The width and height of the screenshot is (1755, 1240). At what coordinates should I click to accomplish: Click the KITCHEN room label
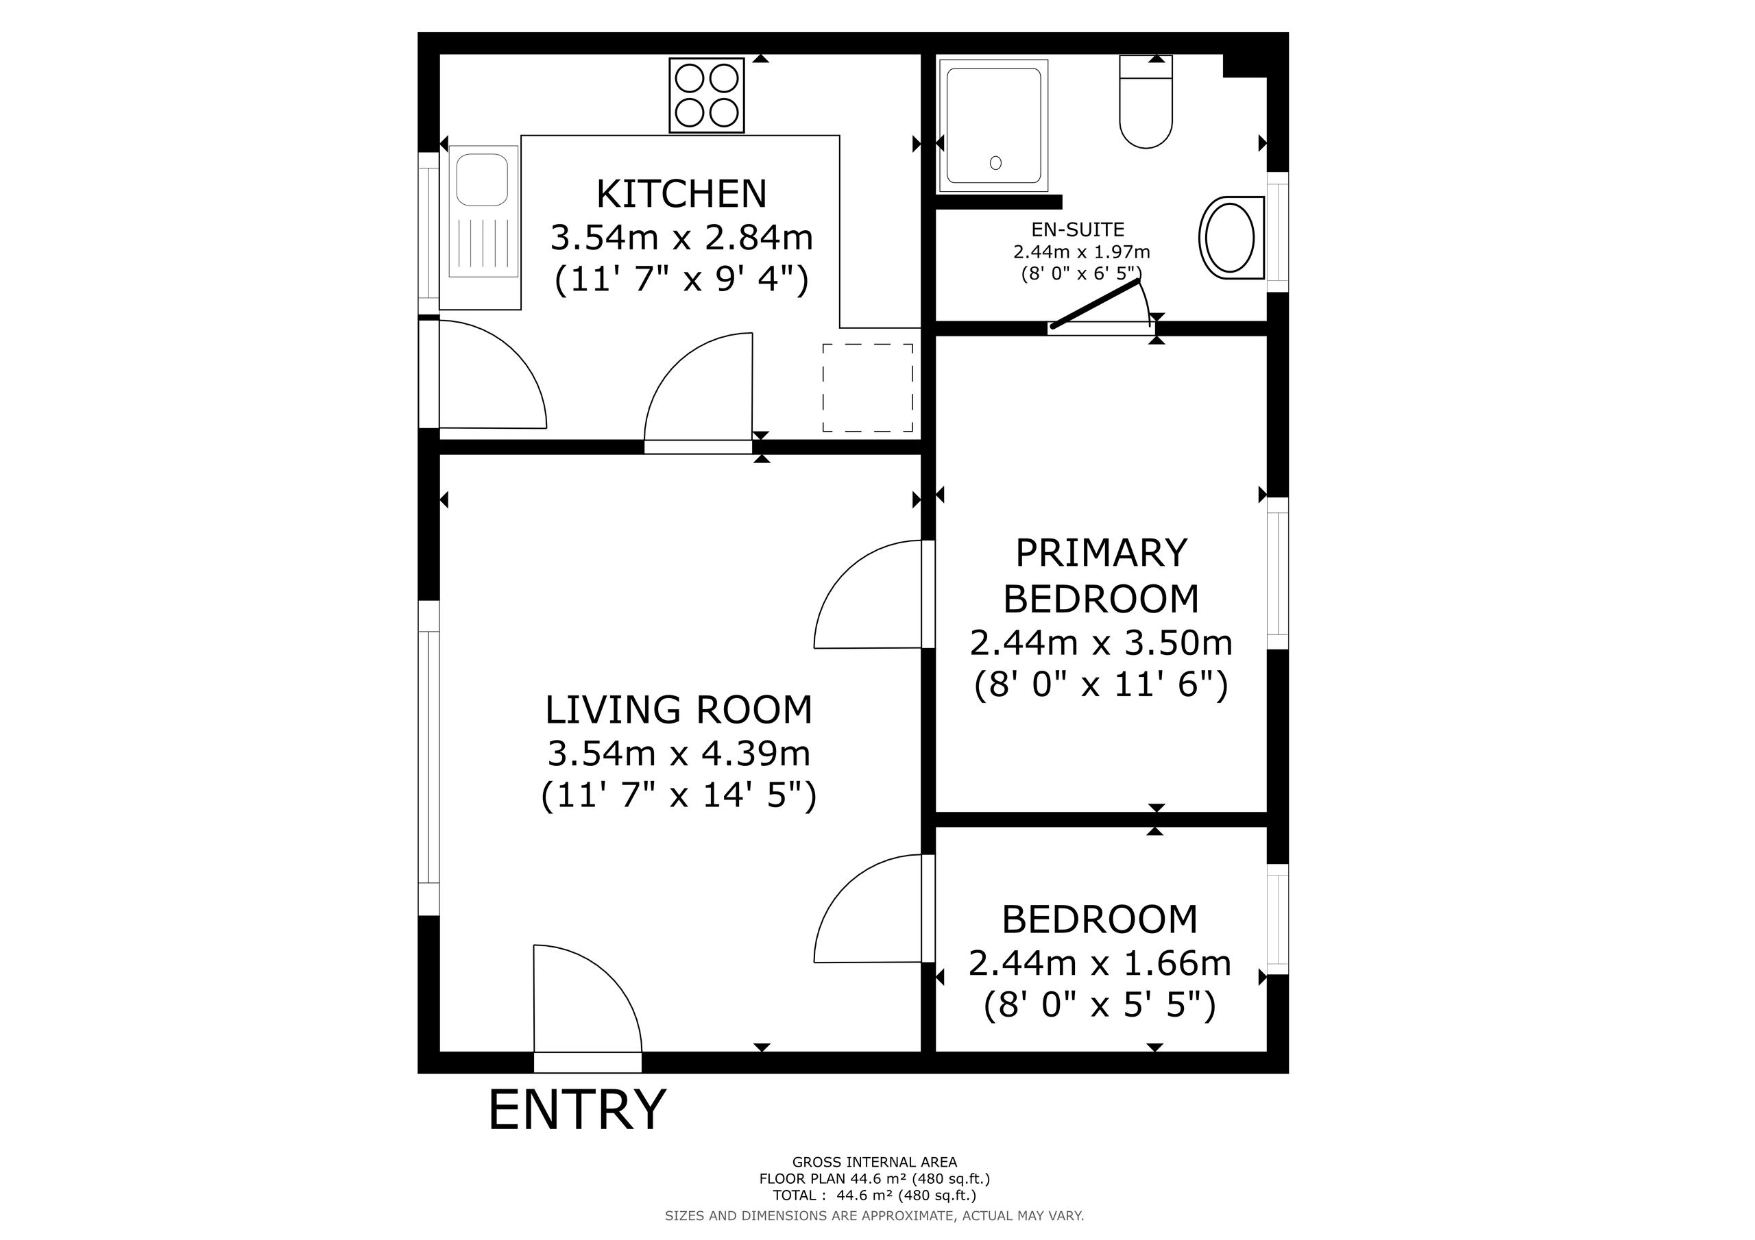point(681,194)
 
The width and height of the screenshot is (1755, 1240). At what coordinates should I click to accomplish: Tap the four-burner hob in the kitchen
point(706,95)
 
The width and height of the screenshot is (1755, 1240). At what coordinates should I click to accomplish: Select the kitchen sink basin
point(483,179)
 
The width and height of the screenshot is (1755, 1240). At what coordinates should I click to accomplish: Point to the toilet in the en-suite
point(1145,101)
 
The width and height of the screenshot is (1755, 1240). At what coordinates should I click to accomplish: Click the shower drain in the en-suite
point(995,163)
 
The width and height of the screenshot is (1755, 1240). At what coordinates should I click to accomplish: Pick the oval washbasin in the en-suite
point(1230,238)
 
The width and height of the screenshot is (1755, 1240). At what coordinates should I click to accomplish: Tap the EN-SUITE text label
point(1077,230)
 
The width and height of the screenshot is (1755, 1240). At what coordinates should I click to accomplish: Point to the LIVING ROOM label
point(678,710)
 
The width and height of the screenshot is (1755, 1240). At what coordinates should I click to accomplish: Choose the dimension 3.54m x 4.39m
point(678,754)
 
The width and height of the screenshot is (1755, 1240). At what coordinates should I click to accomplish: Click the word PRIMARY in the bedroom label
point(1101,553)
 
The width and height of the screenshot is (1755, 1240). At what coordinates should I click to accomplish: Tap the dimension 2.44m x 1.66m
point(1099,963)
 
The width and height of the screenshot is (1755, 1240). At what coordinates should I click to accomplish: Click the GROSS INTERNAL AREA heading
point(875,1163)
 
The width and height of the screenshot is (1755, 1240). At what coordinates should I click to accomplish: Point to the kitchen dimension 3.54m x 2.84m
point(681,238)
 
